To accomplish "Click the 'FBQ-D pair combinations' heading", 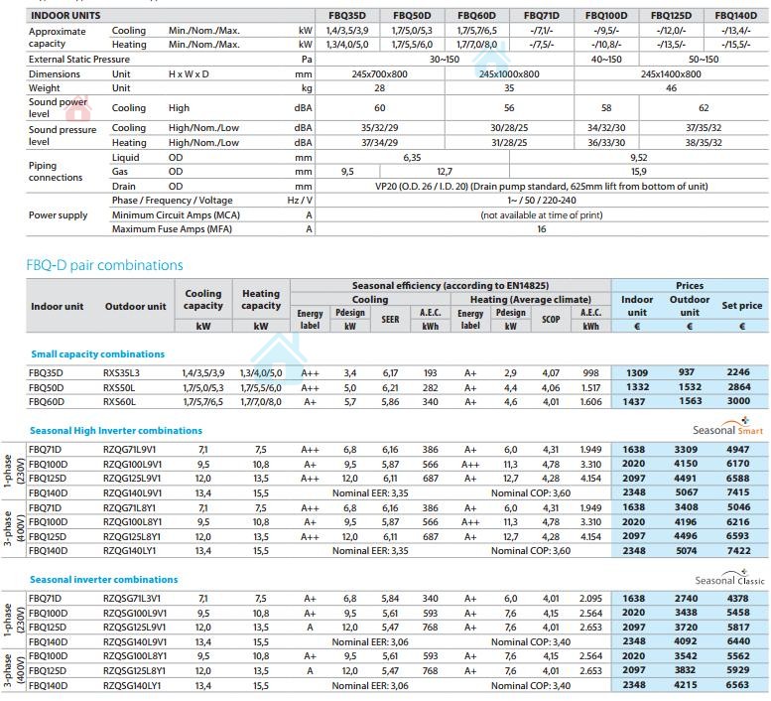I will point(104,265).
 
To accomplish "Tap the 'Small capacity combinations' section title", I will point(97,353).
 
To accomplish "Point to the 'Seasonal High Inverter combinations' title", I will point(115,430).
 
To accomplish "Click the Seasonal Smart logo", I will point(728,427).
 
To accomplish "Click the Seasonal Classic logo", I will point(728,578).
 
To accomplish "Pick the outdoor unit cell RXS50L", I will point(124,387).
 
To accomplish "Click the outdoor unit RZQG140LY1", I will point(133,550).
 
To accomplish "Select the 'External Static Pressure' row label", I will point(79,60).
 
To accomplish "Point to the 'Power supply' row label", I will point(58,214).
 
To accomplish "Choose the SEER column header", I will point(391,319).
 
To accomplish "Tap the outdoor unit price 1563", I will point(689,401).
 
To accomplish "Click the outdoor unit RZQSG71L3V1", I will point(136,599).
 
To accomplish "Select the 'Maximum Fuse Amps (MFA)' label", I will point(171,228).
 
